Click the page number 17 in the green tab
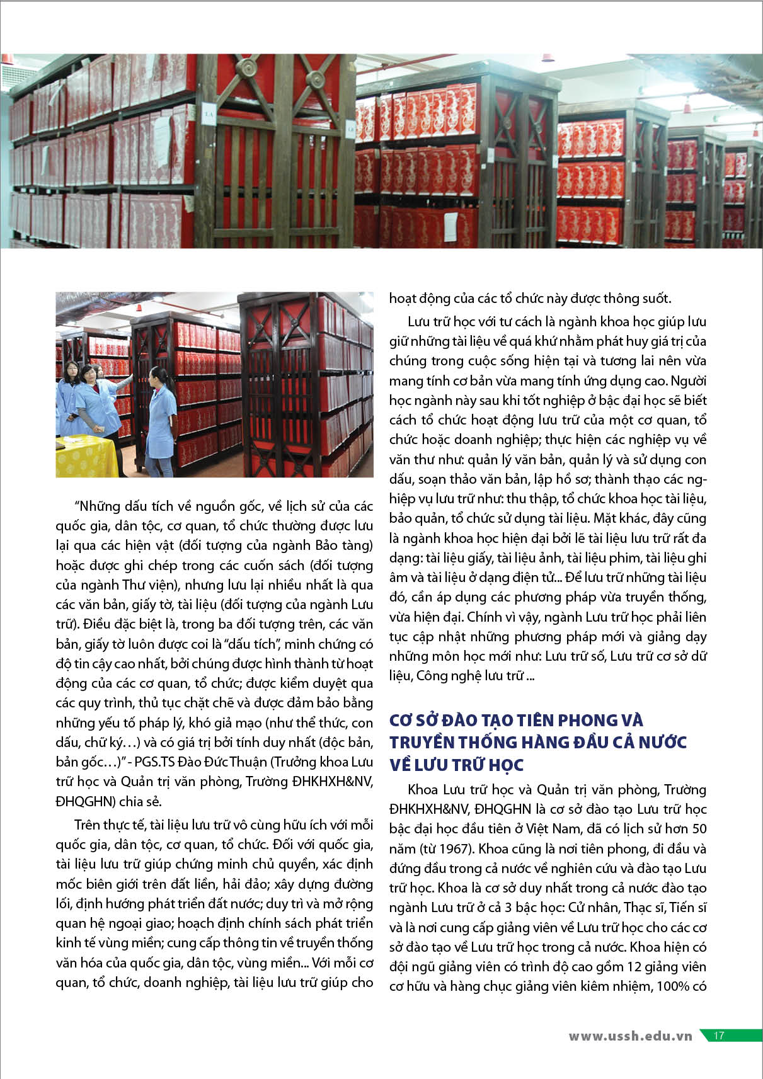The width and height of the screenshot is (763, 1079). (719, 1036)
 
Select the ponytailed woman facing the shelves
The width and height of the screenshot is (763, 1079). (160, 416)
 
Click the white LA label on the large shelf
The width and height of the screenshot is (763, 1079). (208, 115)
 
